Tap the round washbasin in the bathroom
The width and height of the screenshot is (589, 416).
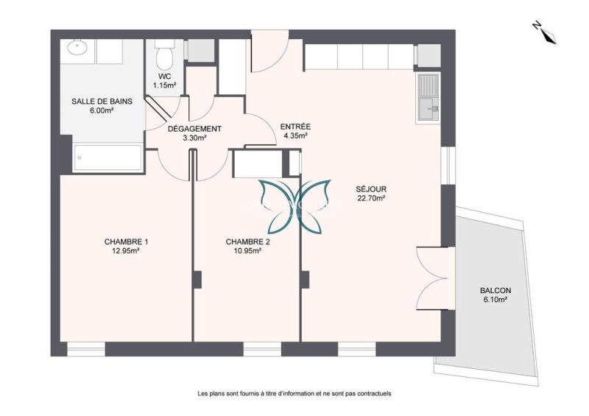click(x=77, y=48)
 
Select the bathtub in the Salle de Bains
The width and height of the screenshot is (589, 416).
click(x=108, y=158)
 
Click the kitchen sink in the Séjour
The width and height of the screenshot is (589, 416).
click(x=428, y=99)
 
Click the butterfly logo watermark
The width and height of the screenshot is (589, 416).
click(x=294, y=206)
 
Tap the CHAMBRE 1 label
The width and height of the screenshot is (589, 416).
click(x=126, y=242)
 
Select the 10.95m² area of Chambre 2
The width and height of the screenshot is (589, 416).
click(x=247, y=250)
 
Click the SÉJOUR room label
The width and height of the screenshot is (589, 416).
click(x=371, y=189)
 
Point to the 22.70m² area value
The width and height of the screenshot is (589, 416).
click(x=371, y=198)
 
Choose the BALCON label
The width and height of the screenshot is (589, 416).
click(x=495, y=291)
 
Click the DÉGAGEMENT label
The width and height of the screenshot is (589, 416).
click(x=194, y=129)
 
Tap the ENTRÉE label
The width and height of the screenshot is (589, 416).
click(x=296, y=127)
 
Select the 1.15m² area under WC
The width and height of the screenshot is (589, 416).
click(x=164, y=85)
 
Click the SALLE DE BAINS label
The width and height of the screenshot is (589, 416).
click(x=102, y=101)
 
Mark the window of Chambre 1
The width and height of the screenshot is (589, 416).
click(x=86, y=349)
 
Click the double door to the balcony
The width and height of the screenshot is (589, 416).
click(x=436, y=278)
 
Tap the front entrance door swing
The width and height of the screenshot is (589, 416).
click(x=269, y=51)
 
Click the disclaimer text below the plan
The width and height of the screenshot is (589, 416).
click(x=294, y=393)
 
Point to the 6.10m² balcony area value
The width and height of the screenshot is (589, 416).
click(x=495, y=300)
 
